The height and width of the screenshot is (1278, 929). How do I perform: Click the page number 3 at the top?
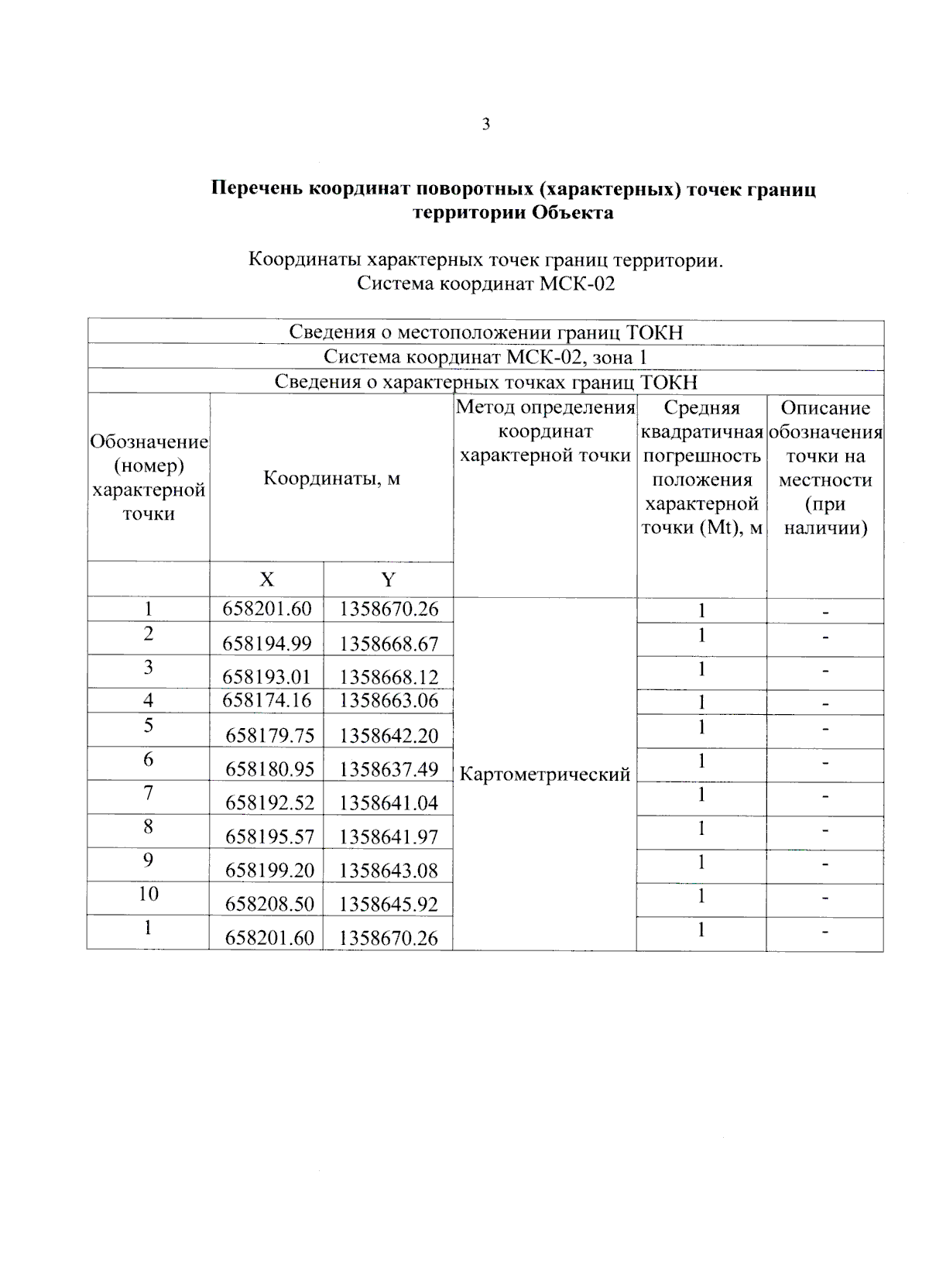(x=486, y=124)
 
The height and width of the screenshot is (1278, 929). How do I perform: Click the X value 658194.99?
(x=266, y=644)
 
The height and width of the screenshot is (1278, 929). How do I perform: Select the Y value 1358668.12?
(x=389, y=677)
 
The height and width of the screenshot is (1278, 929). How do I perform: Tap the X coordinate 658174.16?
(x=266, y=701)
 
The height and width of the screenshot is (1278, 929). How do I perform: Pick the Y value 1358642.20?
(x=389, y=735)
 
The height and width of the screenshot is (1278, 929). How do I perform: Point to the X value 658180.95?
(x=269, y=769)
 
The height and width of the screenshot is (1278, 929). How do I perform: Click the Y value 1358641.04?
(x=389, y=803)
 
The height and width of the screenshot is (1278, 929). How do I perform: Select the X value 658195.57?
(x=269, y=837)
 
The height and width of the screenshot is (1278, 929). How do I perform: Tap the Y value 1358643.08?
(x=389, y=871)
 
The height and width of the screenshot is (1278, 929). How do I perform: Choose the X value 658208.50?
(x=269, y=904)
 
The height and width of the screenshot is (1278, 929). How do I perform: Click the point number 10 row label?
(x=149, y=894)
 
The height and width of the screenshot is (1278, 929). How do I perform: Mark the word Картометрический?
(x=545, y=774)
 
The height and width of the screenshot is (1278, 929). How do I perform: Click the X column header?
(x=266, y=579)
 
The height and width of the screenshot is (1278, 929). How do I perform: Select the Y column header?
(x=389, y=579)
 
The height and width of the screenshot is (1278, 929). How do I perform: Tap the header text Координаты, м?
(x=331, y=478)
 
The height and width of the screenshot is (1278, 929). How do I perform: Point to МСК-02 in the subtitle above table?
(x=577, y=283)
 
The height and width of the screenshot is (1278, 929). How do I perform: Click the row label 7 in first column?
(x=149, y=792)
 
